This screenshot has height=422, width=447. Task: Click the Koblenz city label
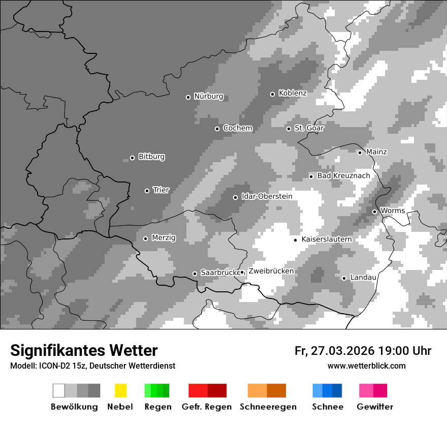(293, 93)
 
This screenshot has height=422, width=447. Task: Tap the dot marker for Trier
(147, 191)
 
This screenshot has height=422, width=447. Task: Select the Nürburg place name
(208, 97)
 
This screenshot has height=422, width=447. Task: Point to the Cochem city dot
(217, 129)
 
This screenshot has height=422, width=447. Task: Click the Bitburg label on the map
(151, 157)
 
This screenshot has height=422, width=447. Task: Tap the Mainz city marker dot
(360, 153)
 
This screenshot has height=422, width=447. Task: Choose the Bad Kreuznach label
(343, 175)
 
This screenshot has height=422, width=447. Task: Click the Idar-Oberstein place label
(267, 196)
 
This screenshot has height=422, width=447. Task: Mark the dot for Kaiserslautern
(295, 239)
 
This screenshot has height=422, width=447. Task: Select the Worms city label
(392, 210)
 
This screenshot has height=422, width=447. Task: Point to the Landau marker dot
(344, 278)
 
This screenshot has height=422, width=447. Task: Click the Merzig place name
(164, 237)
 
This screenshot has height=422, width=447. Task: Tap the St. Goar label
(309, 128)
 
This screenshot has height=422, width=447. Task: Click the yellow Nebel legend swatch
(120, 390)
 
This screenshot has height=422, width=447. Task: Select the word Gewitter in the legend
(375, 407)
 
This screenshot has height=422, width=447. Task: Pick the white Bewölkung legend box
(59, 390)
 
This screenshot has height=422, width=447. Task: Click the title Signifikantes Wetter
(84, 350)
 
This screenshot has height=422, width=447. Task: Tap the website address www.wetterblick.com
(366, 366)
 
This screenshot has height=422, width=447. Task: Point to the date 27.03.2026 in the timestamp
(342, 351)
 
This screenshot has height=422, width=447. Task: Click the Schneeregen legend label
(268, 407)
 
